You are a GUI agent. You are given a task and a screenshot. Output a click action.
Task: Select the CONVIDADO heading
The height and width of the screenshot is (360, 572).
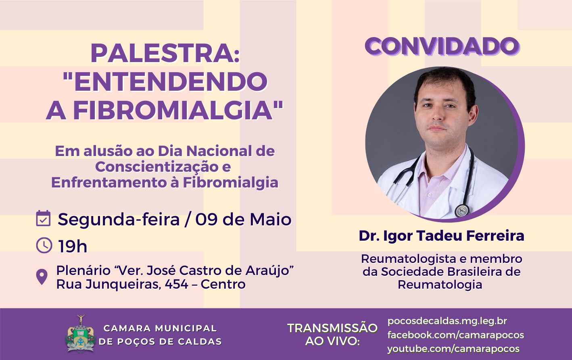(442, 46)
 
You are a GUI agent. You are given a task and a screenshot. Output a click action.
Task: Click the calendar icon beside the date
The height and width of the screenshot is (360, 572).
(43, 218)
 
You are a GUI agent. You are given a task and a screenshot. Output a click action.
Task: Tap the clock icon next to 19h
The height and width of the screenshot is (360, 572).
(44, 245)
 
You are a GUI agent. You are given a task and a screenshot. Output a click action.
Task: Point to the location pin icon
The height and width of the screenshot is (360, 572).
(42, 277)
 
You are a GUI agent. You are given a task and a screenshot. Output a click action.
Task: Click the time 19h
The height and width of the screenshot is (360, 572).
(73, 246)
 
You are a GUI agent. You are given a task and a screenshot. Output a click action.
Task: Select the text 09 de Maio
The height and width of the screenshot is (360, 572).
(243, 220)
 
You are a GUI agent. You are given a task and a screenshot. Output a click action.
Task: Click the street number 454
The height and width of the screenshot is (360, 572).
(176, 285)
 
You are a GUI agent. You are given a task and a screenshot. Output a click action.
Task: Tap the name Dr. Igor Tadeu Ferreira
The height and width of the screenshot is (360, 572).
(441, 236)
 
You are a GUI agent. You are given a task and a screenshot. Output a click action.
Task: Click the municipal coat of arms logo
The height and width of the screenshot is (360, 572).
(81, 334)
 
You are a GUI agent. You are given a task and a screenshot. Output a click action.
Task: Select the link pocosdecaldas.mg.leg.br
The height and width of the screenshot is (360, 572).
(447, 321)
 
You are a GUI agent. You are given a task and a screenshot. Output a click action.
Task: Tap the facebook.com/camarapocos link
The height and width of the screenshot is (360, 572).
(455, 335)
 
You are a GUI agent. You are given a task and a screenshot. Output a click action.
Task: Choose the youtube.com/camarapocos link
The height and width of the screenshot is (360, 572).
(453, 349)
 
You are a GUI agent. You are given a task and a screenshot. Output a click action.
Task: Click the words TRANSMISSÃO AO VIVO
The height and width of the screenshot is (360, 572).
(332, 335)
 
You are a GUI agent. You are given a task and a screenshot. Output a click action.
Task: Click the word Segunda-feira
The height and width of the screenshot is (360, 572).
(119, 220)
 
